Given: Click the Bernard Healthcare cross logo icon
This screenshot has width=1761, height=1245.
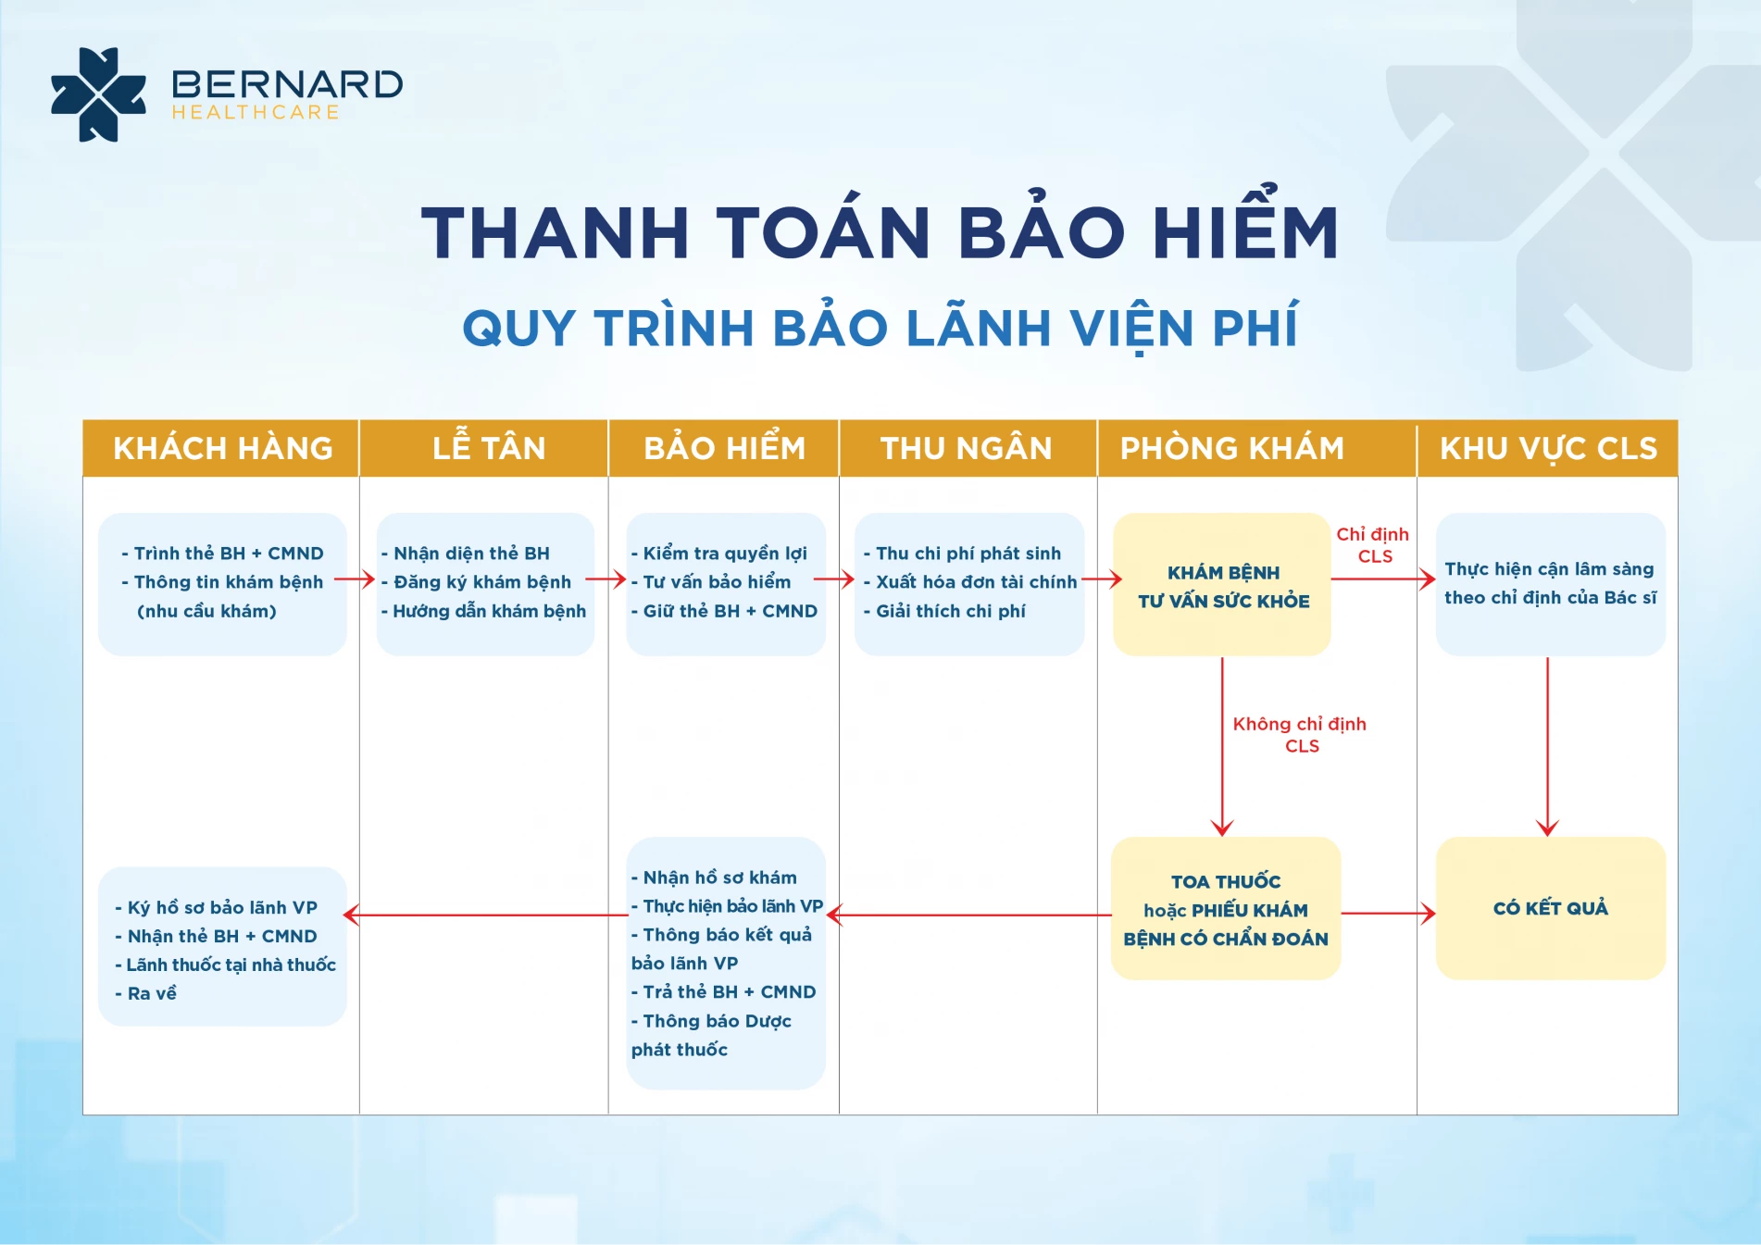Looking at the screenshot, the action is (98, 94).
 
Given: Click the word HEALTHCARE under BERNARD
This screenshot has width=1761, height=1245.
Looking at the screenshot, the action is (256, 112).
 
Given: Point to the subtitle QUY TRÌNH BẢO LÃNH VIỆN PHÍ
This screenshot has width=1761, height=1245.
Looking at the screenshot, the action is (880, 328).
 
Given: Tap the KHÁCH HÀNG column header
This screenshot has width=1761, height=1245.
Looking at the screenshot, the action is (222, 448).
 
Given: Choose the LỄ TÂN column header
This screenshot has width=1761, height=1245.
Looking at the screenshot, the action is (489, 448).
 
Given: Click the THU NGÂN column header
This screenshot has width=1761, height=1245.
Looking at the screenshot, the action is (966, 448).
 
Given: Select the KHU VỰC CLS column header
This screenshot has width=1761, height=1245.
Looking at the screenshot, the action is (1548, 448).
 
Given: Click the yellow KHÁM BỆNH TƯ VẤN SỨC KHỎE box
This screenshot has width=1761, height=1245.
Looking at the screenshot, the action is (1222, 585).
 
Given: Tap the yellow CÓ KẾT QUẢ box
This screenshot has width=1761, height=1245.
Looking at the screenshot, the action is (1551, 908).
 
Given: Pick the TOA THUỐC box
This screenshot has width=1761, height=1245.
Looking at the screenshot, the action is (1226, 908).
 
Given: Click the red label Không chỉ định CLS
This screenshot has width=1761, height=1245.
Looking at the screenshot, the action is (1300, 734).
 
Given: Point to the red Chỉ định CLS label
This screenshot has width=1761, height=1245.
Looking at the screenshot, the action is (1373, 545).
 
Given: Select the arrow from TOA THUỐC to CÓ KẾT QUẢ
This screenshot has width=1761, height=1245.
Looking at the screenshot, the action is (1389, 914).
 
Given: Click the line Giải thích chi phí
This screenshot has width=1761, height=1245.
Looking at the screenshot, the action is (944, 611).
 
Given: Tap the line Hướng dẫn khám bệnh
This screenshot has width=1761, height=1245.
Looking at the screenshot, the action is (483, 611).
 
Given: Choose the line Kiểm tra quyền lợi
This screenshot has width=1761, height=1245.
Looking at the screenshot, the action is (718, 554).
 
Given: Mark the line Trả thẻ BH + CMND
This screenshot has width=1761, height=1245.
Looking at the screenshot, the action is (723, 992).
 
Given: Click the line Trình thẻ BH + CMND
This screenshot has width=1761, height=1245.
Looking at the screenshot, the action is (222, 554).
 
